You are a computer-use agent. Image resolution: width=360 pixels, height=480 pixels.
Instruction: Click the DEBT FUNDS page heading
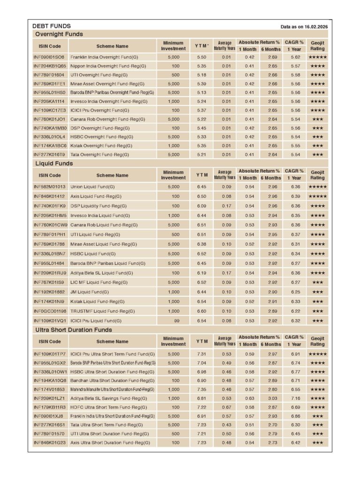click(x=52, y=26)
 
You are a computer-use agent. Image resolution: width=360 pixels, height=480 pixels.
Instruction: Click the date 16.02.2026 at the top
click(x=315, y=27)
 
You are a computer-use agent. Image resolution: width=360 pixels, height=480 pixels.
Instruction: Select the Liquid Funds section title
click(x=54, y=164)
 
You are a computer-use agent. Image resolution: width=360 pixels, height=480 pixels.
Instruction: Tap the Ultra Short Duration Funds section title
click(x=74, y=330)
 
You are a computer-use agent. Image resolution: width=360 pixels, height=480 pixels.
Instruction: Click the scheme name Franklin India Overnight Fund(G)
click(x=101, y=57)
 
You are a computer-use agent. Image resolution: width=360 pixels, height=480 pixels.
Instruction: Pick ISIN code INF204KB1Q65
click(x=50, y=66)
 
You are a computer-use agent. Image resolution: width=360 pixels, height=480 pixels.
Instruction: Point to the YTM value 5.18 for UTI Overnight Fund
click(x=202, y=75)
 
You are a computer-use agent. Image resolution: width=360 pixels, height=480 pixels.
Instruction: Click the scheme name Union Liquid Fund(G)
click(x=93, y=187)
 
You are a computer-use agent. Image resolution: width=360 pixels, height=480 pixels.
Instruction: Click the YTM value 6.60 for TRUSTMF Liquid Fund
click(x=202, y=311)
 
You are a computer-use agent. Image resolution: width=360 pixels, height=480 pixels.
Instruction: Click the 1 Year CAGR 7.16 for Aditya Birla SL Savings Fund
click(x=295, y=398)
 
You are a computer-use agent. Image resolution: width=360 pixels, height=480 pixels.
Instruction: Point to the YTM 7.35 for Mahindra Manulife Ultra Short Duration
click(x=202, y=390)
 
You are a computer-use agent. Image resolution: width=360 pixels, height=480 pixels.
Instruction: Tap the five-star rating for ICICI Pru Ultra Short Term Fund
click(x=317, y=354)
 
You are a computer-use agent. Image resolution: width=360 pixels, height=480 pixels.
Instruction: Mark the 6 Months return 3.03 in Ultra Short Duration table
click(x=271, y=398)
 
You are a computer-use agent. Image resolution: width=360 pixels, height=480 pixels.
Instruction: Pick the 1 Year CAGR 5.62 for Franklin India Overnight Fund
click(x=295, y=57)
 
